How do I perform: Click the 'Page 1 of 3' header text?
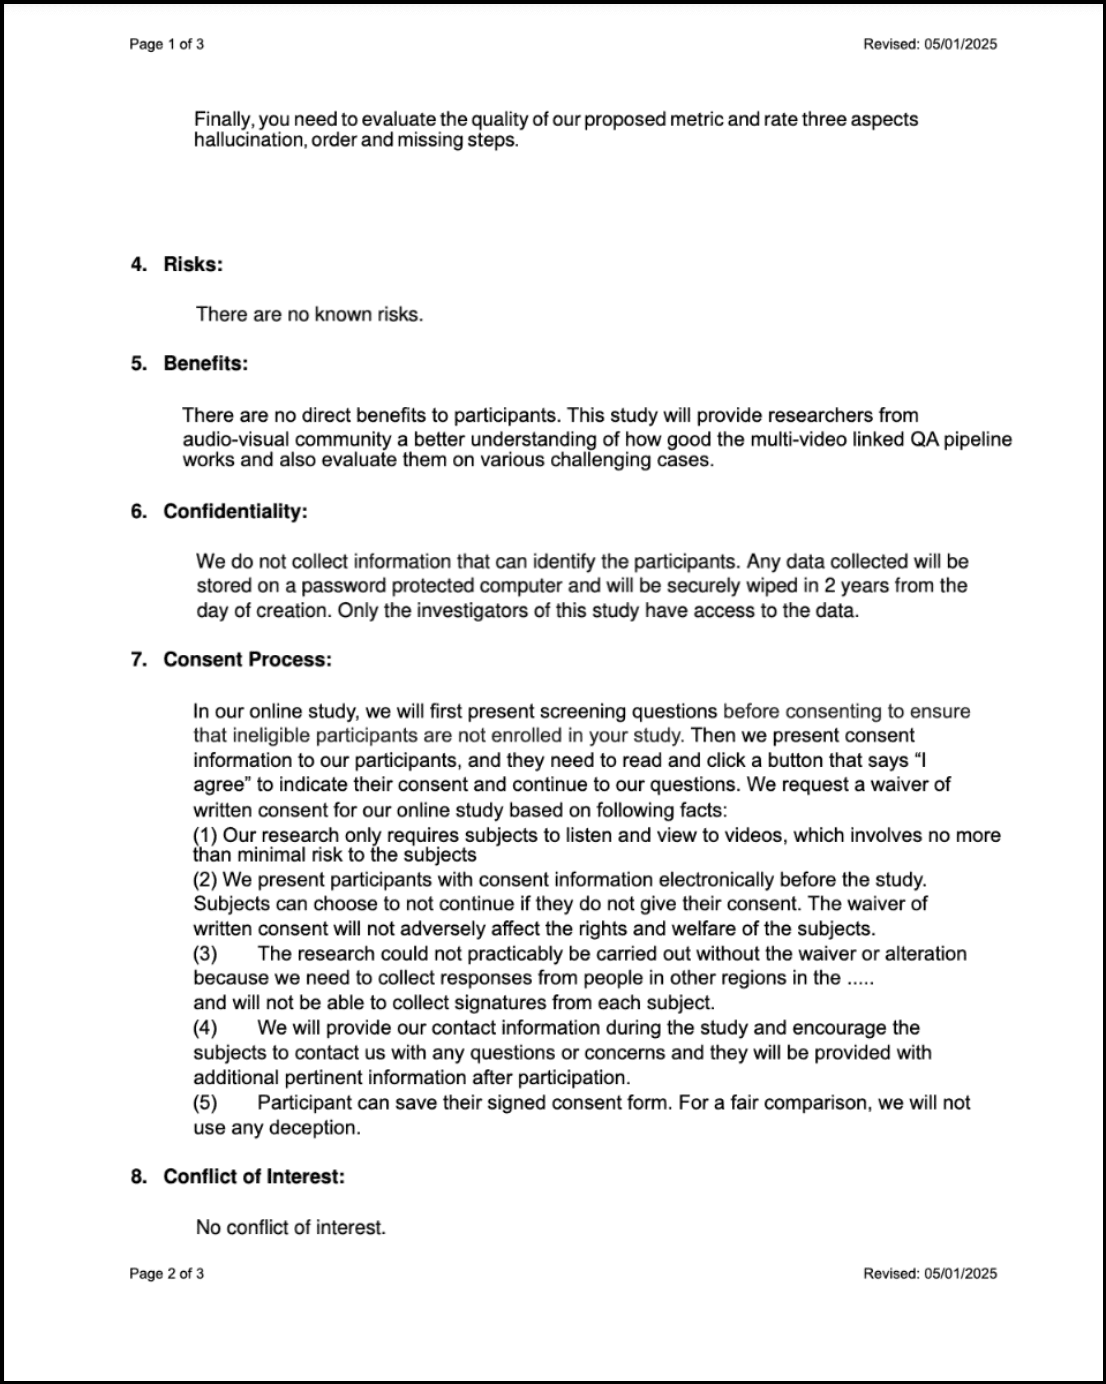(166, 44)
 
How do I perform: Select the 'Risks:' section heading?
(193, 265)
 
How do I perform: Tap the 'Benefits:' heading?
(206, 363)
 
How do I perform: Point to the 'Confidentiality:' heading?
(235, 512)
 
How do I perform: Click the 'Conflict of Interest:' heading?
(253, 1177)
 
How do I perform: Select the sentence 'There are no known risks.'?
(309, 315)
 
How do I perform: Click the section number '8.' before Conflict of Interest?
(139, 1177)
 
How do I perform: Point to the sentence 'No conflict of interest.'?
(291, 1227)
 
